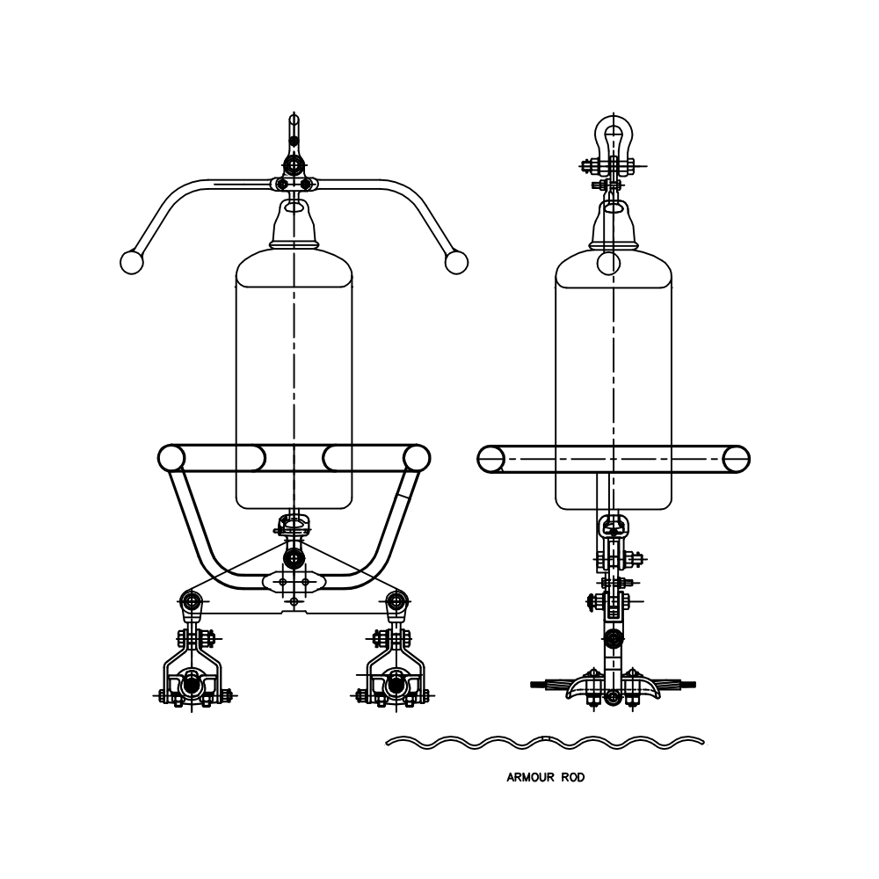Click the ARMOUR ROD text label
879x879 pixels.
pyautogui.click(x=545, y=777)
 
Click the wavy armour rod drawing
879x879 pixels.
pyautogui.click(x=545, y=743)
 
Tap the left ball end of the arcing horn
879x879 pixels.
pyautogui.click(x=131, y=261)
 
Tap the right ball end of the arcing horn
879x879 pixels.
pyautogui.click(x=456, y=261)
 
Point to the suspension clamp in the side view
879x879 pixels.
pyautogui.click(x=613, y=686)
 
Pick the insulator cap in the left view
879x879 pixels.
pyautogui.click(x=294, y=227)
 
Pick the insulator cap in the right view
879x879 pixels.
pyautogui.click(x=613, y=227)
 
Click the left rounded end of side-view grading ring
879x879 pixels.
pyautogui.click(x=490, y=458)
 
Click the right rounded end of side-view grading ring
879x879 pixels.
pyautogui.click(x=736, y=458)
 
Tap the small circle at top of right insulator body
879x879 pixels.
pyautogui.click(x=608, y=262)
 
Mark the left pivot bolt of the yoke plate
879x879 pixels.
pyautogui.click(x=192, y=601)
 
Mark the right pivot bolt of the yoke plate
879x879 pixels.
pyautogui.click(x=397, y=601)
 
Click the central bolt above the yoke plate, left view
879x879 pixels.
pyautogui.click(x=294, y=556)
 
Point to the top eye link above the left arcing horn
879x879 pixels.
pyautogui.click(x=294, y=132)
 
